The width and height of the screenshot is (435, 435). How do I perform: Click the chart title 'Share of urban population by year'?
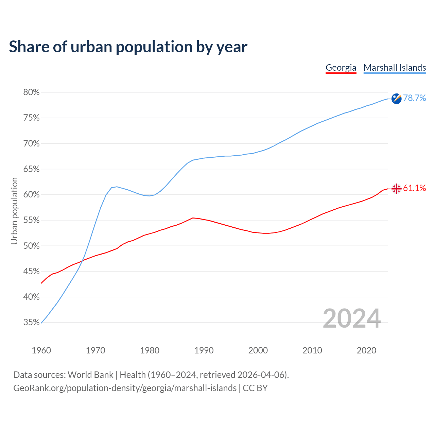pyautogui.click(x=128, y=47)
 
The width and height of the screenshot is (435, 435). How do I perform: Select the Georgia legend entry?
pyautogui.click(x=341, y=68)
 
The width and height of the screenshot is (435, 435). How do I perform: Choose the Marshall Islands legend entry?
pyautogui.click(x=395, y=68)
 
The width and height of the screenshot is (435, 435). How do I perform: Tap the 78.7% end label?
pyautogui.click(x=414, y=98)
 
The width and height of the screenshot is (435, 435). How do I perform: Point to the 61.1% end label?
pyautogui.click(x=414, y=188)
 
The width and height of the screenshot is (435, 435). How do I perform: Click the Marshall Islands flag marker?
pyautogui.click(x=396, y=99)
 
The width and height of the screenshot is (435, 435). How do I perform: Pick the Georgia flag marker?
pyautogui.click(x=396, y=189)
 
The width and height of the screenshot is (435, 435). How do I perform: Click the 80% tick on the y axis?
pyautogui.click(x=31, y=92)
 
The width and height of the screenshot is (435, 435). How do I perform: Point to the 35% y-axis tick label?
pyautogui.click(x=31, y=323)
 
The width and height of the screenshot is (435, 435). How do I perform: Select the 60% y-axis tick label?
pyautogui.click(x=31, y=195)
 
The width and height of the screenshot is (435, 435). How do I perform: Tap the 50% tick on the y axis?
pyautogui.click(x=31, y=246)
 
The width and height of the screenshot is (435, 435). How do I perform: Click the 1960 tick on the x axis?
pyautogui.click(x=41, y=350)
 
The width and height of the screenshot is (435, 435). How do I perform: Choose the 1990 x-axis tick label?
pyautogui.click(x=204, y=350)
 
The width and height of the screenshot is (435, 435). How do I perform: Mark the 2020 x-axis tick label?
pyautogui.click(x=366, y=350)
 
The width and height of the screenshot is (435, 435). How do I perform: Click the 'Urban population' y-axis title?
pyautogui.click(x=14, y=211)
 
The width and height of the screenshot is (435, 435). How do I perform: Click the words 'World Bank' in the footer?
pyautogui.click(x=90, y=375)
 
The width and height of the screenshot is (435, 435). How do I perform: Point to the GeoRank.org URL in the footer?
pyautogui.click(x=125, y=388)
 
